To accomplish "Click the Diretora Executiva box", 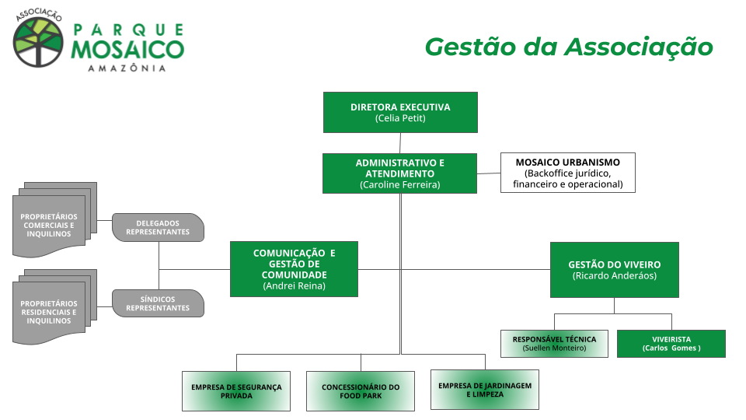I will coord(400,112).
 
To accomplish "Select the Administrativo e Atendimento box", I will coord(399,173).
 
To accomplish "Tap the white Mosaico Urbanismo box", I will coord(567,173).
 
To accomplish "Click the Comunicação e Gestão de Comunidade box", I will coord(294,269).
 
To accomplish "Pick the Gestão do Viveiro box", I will coord(614,270).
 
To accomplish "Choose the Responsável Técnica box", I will coord(554,344).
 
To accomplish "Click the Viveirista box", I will coord(671,344).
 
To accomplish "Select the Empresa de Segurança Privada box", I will coord(236,390).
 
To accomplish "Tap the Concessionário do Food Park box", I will coord(361,390).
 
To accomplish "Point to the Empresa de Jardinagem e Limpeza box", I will coord(484,389).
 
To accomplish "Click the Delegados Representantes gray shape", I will coord(158,227).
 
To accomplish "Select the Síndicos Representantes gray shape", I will coord(158,303).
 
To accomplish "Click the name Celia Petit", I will coord(400,118).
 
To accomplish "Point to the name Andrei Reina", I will coord(294,286).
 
